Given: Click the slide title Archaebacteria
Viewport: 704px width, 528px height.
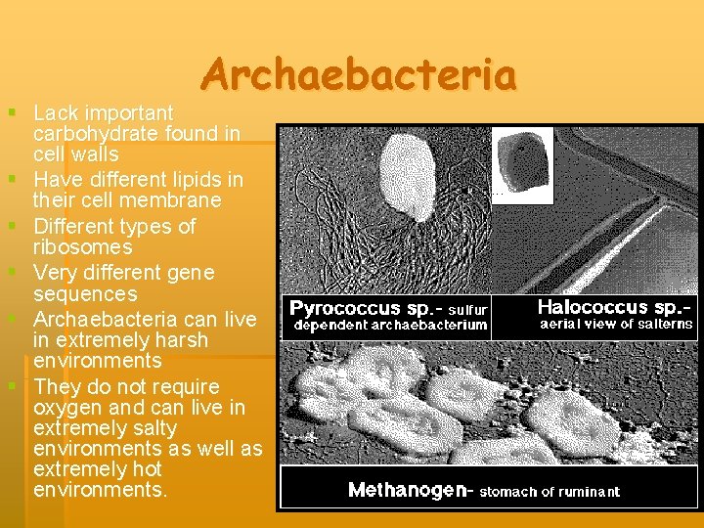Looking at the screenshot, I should click(x=360, y=75).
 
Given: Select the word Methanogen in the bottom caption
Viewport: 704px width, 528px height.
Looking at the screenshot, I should click(x=409, y=491).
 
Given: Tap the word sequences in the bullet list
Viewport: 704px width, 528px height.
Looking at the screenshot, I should click(x=85, y=293).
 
